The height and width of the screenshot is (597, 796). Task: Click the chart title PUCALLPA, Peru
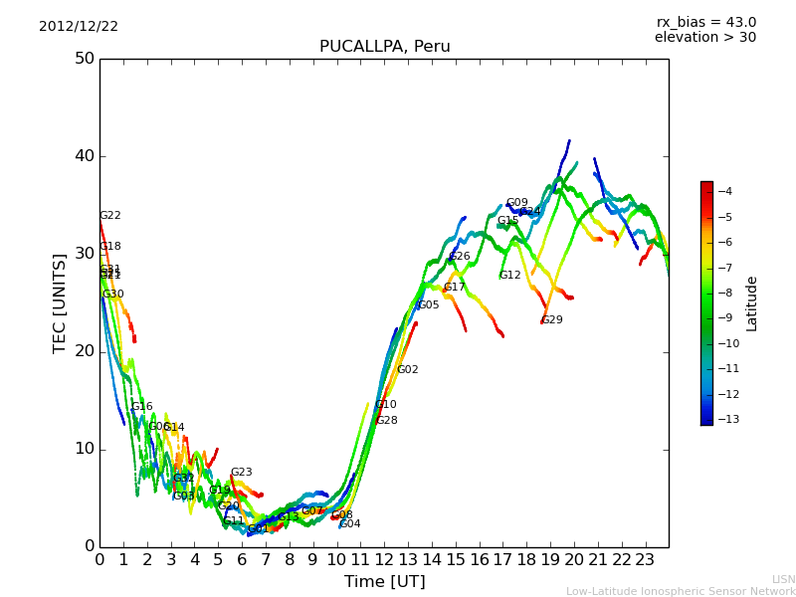point(384,47)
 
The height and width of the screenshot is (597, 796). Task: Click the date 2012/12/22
point(79,27)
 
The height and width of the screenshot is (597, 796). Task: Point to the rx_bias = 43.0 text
point(705,23)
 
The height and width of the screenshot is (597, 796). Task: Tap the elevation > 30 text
point(704,38)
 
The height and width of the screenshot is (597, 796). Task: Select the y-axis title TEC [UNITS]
point(60,302)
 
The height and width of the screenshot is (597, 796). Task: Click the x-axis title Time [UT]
point(384,582)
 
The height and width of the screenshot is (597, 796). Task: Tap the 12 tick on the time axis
point(384,559)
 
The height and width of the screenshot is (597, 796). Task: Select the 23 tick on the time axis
point(645,559)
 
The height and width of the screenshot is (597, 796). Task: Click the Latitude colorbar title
point(752,302)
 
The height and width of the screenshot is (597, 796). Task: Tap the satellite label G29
point(552,320)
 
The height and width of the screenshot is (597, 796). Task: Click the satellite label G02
point(408,370)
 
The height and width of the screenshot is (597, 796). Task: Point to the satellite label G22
point(110,216)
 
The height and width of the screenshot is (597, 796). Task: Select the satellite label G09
point(517,203)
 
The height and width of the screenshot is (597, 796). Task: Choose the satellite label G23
point(242,473)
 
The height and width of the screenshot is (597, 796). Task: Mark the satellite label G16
point(142,407)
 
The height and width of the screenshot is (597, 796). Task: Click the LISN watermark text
point(784,579)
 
